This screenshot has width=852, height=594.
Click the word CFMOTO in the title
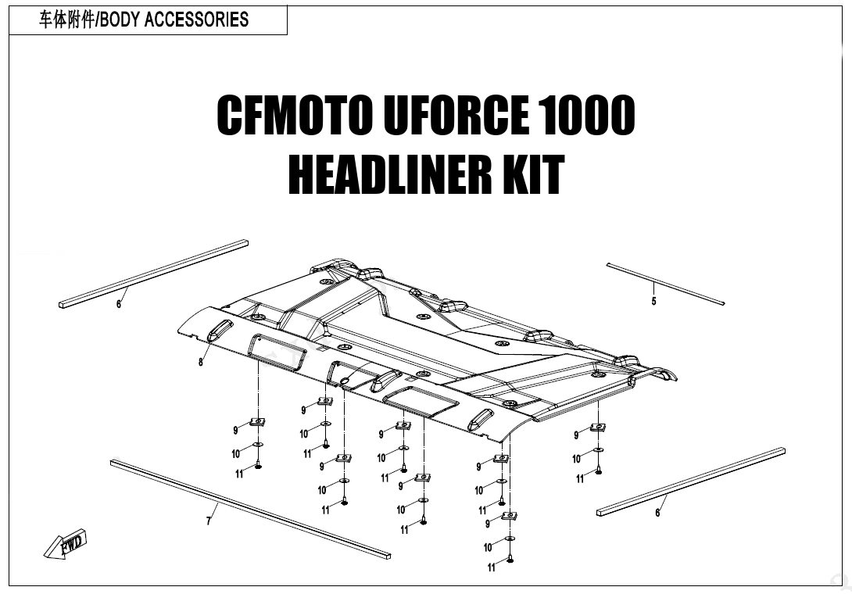[295, 116]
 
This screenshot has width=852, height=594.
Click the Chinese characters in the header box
[66, 20]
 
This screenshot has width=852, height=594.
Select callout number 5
[654, 302]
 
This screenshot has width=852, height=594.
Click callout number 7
[209, 521]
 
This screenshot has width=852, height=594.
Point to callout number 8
[201, 362]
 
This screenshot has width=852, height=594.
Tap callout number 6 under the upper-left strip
[119, 304]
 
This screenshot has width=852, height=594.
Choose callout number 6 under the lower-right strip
[657, 513]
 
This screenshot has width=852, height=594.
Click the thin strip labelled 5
[665, 283]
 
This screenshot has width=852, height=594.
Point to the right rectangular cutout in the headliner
[421, 400]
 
